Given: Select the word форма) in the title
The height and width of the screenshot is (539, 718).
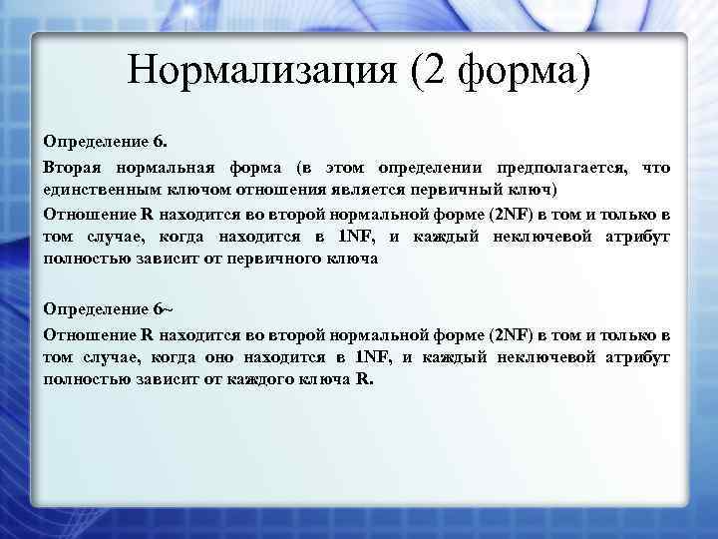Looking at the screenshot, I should pos(525,71).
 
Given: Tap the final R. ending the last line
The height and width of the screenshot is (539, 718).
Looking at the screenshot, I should pos(363,380).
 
